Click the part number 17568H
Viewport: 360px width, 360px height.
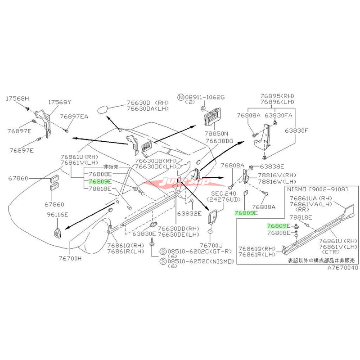click(x=17, y=98)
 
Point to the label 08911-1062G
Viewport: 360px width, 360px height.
click(x=210, y=97)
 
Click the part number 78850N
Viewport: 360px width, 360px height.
click(x=217, y=134)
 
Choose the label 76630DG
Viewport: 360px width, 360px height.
click(x=220, y=141)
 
